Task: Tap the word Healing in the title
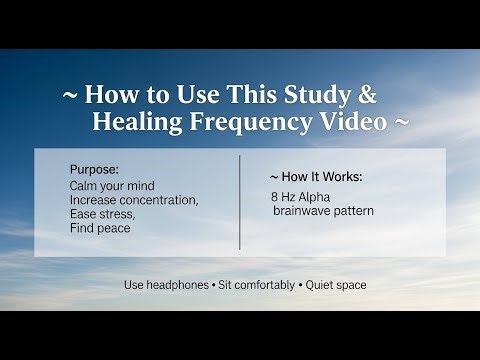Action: [x=133, y=123]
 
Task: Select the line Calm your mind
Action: [x=112, y=186]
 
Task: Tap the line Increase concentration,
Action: [x=135, y=200]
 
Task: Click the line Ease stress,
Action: [x=102, y=214]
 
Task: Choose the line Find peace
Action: [x=100, y=228]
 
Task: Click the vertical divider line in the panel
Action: [x=240, y=202]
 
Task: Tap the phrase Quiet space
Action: [x=336, y=285]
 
